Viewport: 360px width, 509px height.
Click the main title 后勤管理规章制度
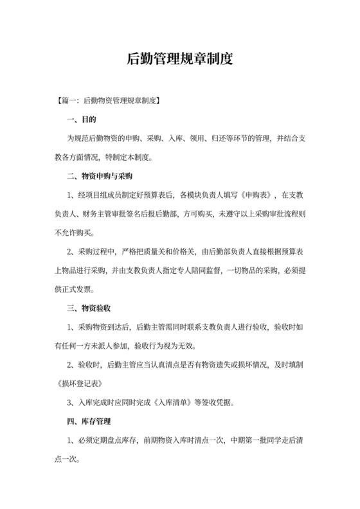coord(179,60)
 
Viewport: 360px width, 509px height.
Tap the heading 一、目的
coord(82,120)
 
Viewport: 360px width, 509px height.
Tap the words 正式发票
coord(75,289)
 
